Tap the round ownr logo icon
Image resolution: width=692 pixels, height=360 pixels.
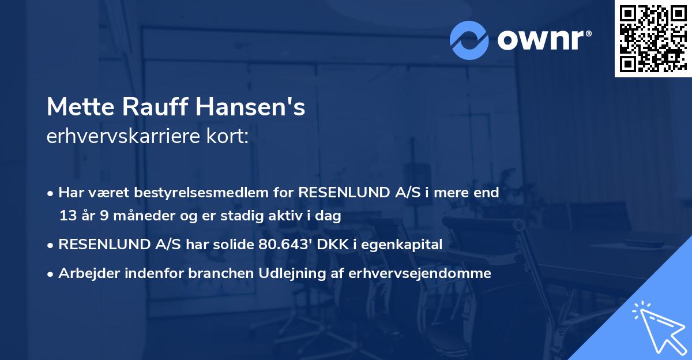pos(469,40)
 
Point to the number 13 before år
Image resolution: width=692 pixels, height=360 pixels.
pos(67,216)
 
